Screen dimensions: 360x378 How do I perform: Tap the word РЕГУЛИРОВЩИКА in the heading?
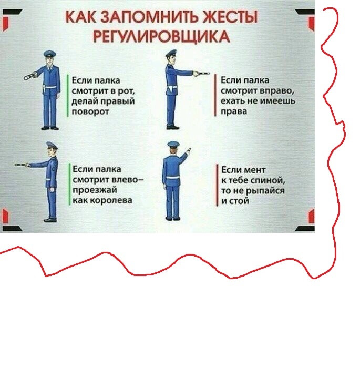(x=161, y=37)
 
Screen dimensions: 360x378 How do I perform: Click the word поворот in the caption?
(x=90, y=112)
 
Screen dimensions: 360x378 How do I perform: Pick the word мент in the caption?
(x=254, y=170)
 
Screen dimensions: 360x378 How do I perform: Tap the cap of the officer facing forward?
(x=50, y=53)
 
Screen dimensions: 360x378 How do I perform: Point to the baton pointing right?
(x=202, y=73)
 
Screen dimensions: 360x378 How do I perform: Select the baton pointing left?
(x=22, y=165)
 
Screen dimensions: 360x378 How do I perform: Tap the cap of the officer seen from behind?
(x=173, y=144)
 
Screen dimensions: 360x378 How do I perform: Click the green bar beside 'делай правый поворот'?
(x=68, y=96)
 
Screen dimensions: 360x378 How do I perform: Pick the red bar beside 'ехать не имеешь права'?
(x=215, y=95)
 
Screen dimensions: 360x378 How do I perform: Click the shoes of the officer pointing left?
(x=50, y=220)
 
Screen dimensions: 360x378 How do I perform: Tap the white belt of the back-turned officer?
(x=172, y=177)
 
